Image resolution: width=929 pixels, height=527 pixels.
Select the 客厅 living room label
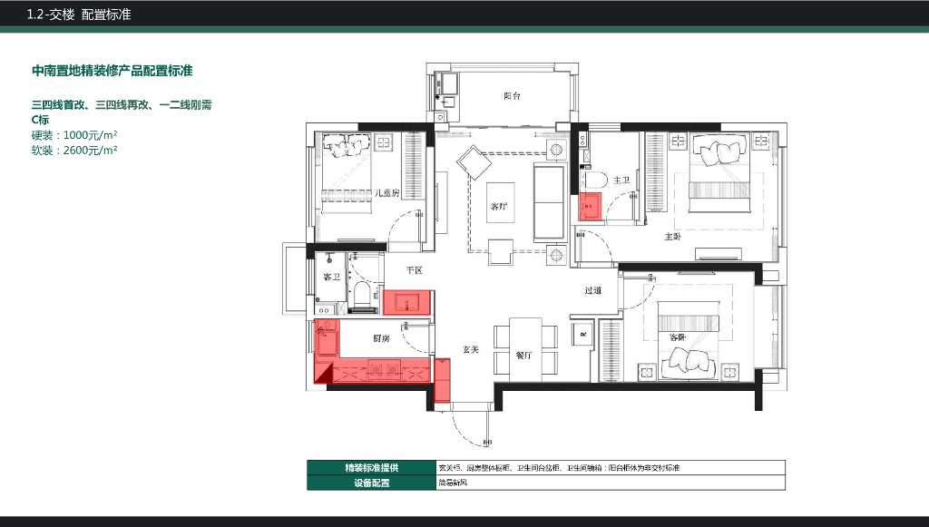pos(499,207)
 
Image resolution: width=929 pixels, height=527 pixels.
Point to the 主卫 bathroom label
pos(621,181)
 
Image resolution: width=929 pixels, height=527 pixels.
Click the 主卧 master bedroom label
pos(672,237)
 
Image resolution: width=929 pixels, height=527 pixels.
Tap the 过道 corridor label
pos(592,290)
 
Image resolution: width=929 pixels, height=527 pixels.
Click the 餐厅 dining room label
pos(523,355)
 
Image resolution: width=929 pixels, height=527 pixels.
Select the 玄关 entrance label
pos(470,348)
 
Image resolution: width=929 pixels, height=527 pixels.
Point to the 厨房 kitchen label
pos(382,337)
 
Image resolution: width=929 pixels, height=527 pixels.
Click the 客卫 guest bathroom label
pos(331,277)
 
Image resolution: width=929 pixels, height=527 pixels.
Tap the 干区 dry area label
pos(414,270)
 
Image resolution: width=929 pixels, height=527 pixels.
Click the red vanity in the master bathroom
pos(591,207)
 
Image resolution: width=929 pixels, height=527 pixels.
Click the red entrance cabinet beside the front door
pos(443,379)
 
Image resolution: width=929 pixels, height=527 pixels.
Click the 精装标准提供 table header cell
pos(370,468)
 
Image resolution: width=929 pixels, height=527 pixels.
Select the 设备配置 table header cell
pos(370,483)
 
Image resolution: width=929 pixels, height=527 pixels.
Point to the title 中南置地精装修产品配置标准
pos(112,71)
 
